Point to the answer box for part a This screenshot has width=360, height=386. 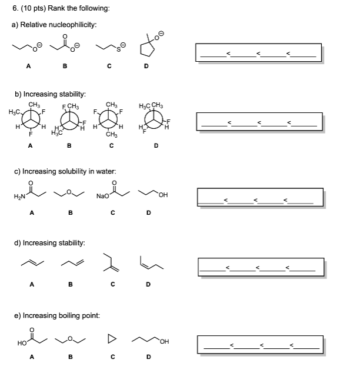coord(259,52)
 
